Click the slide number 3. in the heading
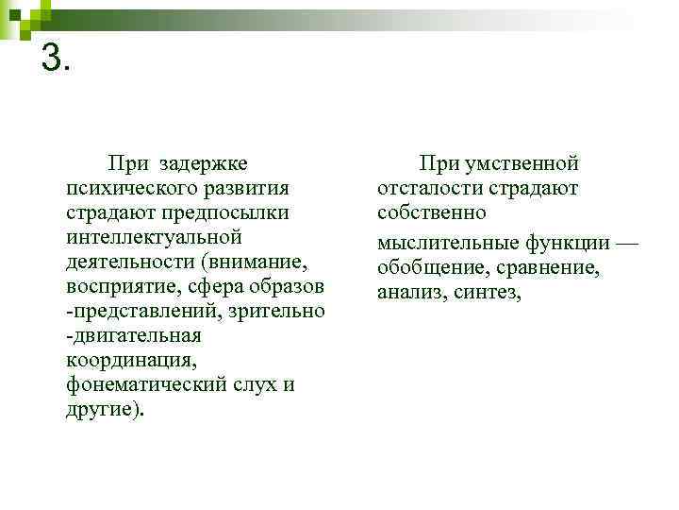point(56,59)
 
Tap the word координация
point(131,361)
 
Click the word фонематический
point(142,385)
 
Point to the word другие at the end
point(100,410)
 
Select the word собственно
point(432,212)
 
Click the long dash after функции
point(626,244)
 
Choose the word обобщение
point(433,267)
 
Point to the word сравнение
point(552,267)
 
